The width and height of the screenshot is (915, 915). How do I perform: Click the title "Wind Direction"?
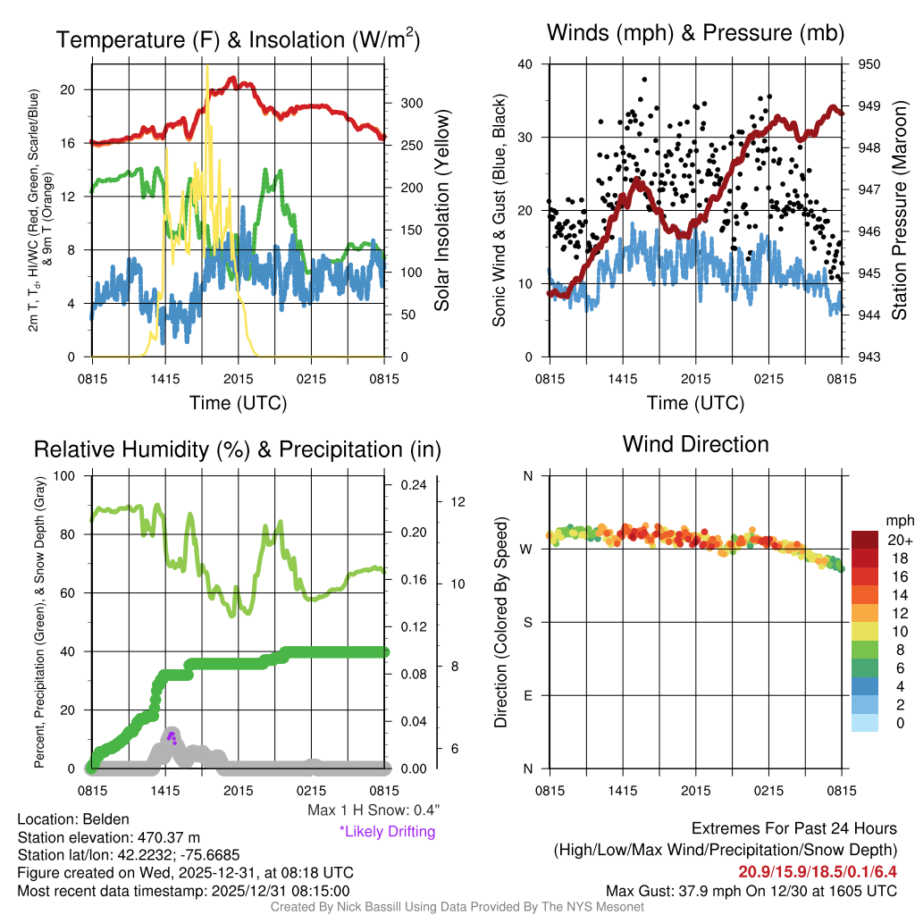[x=695, y=444]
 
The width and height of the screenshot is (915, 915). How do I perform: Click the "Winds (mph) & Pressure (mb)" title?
[x=695, y=34]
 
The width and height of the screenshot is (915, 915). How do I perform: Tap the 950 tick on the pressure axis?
[x=869, y=64]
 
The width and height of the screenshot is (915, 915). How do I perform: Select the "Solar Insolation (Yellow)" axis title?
[x=441, y=211]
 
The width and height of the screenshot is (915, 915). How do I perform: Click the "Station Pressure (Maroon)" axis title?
[x=900, y=211]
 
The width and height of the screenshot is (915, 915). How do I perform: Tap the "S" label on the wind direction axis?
[x=527, y=622]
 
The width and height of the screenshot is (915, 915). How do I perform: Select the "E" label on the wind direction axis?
[x=527, y=695]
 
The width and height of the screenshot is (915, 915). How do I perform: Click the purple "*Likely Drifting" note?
[x=387, y=831]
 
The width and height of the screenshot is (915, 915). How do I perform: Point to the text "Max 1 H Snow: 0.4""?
[x=374, y=810]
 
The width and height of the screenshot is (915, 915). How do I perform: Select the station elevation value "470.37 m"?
[x=167, y=836]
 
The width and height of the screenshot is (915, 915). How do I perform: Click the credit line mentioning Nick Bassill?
[x=457, y=907]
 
